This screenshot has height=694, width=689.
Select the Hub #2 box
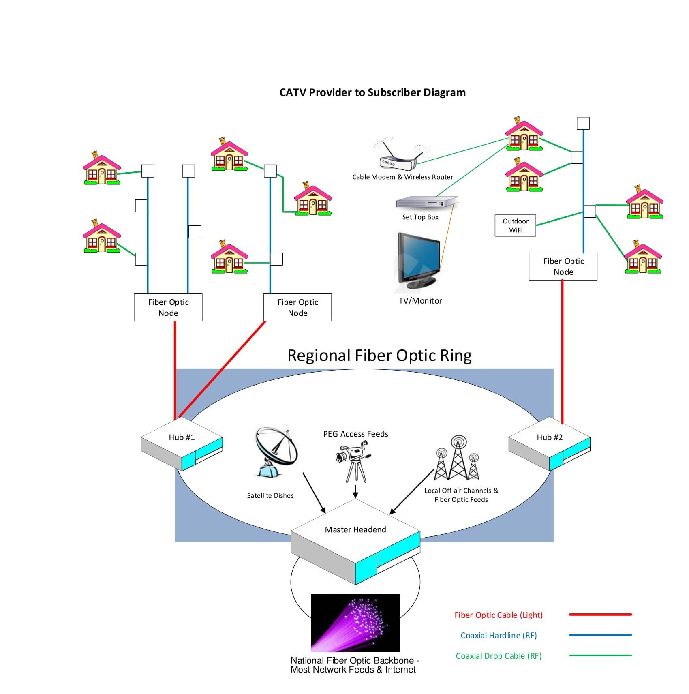tap(549, 443)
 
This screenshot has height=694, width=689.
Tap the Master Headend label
tap(355, 529)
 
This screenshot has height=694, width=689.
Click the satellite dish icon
tap(276, 451)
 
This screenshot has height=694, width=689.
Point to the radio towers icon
tap(457, 459)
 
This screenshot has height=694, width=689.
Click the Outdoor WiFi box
tap(515, 225)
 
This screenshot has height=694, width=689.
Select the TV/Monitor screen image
tap(419, 259)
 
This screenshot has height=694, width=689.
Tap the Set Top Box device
tap(426, 202)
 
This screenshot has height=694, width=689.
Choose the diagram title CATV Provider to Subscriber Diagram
tap(372, 92)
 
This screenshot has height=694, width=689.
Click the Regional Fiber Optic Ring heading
tap(379, 356)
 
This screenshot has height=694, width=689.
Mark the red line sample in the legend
tap(600, 615)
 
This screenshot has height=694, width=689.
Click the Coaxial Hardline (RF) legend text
tap(498, 635)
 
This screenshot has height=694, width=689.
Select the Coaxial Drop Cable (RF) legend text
tap(498, 655)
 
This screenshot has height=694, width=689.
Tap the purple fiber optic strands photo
tap(355, 622)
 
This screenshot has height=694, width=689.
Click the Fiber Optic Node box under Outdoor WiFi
tap(563, 266)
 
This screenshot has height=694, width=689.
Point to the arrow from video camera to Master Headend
tap(355, 491)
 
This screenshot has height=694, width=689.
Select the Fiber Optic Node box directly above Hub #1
tap(168, 307)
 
